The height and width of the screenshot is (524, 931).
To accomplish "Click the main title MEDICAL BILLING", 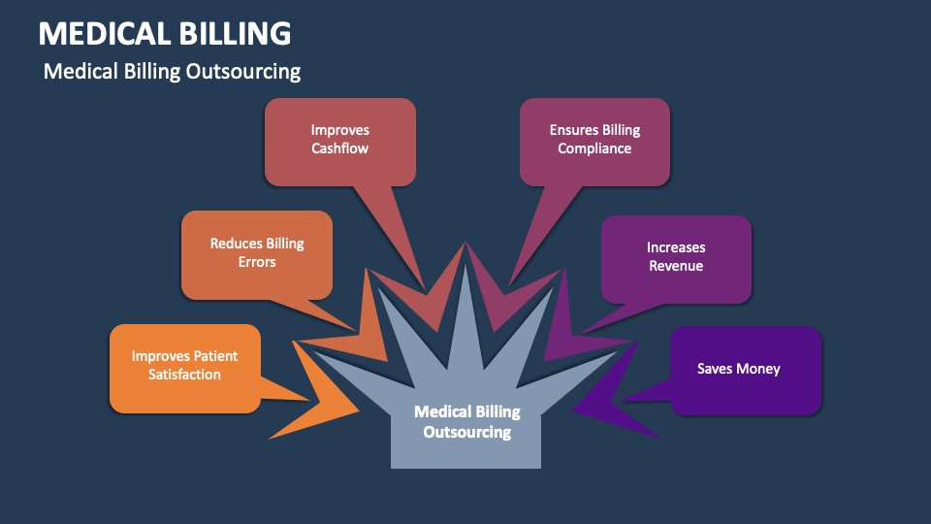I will (x=164, y=33).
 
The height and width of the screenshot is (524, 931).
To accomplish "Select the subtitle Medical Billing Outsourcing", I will (x=172, y=72).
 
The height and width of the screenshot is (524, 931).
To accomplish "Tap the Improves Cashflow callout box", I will (x=339, y=140).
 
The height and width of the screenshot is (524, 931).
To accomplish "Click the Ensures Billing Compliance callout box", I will (x=594, y=140).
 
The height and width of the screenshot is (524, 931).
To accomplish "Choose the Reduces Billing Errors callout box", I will (x=257, y=253).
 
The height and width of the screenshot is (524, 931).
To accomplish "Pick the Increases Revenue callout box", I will (x=676, y=257).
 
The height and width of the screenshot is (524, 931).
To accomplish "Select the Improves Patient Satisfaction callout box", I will (x=184, y=366).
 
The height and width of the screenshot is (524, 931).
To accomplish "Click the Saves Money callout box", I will (x=745, y=370).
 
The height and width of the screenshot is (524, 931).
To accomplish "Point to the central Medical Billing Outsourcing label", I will (x=466, y=423).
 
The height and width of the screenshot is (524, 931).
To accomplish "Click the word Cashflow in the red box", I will (x=339, y=148).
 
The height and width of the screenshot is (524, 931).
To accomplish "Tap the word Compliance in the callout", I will (x=594, y=148).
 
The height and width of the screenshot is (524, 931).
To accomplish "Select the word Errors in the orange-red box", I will (x=257, y=262).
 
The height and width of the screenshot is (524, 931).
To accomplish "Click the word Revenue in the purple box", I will (x=676, y=266).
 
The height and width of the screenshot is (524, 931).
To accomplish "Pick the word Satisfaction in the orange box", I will (x=184, y=375).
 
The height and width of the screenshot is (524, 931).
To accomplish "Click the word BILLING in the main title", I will (x=233, y=33).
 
